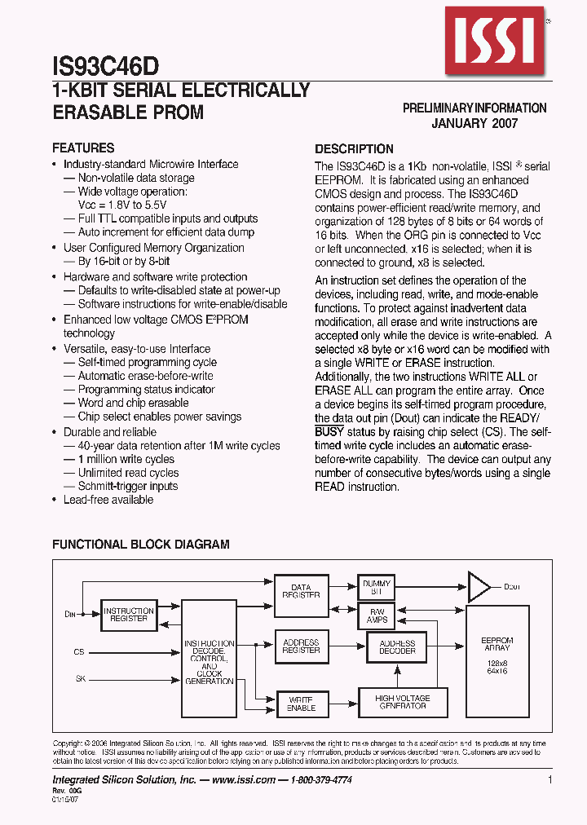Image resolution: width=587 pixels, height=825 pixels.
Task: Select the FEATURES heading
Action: (83, 148)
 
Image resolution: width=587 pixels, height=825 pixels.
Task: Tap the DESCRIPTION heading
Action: (354, 149)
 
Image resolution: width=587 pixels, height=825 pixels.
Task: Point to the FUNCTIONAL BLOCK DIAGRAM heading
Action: (141, 545)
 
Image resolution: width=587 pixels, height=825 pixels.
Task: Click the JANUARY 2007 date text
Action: (474, 123)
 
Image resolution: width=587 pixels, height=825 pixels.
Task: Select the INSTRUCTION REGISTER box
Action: (129, 615)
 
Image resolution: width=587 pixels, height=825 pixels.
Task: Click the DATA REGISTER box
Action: (301, 591)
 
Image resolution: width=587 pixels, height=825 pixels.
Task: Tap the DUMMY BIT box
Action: (376, 587)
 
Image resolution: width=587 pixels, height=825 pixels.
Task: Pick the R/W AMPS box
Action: (376, 615)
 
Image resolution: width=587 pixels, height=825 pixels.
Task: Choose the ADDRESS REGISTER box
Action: (301, 646)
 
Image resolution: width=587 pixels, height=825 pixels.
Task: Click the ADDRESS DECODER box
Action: (397, 647)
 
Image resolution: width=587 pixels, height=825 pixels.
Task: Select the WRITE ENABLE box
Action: (301, 704)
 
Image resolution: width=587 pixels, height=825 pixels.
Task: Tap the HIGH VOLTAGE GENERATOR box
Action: (402, 702)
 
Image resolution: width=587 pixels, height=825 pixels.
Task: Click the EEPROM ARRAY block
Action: (497, 658)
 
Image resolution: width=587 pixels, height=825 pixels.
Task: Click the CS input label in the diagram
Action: (79, 652)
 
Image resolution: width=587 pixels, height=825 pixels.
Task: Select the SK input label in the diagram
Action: (80, 677)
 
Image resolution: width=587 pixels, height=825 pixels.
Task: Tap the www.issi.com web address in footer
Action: (243, 780)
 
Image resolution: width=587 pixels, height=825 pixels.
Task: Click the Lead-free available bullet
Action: (108, 500)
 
